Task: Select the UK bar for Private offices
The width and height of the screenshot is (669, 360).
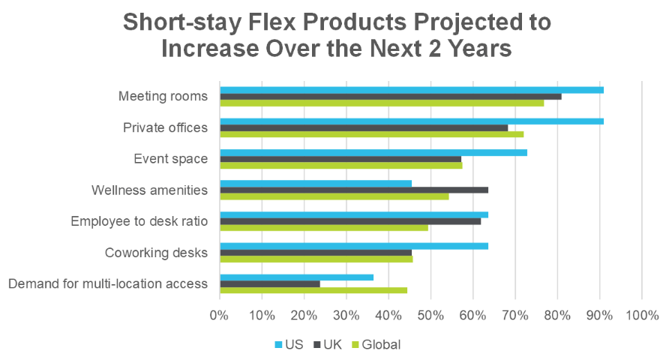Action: click(x=364, y=127)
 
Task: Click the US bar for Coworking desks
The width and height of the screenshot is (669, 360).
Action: click(x=353, y=246)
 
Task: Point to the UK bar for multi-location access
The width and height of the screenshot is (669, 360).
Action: click(x=269, y=283)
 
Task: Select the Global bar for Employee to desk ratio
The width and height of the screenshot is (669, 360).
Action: click(x=323, y=227)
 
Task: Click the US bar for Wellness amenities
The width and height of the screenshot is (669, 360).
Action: click(x=315, y=184)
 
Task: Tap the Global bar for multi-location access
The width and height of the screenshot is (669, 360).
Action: click(x=313, y=289)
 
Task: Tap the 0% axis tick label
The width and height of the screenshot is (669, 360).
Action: click(x=219, y=315)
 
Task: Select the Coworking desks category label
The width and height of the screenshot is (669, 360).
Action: click(x=156, y=252)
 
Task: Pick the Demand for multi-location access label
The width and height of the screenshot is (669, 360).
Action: click(x=106, y=283)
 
